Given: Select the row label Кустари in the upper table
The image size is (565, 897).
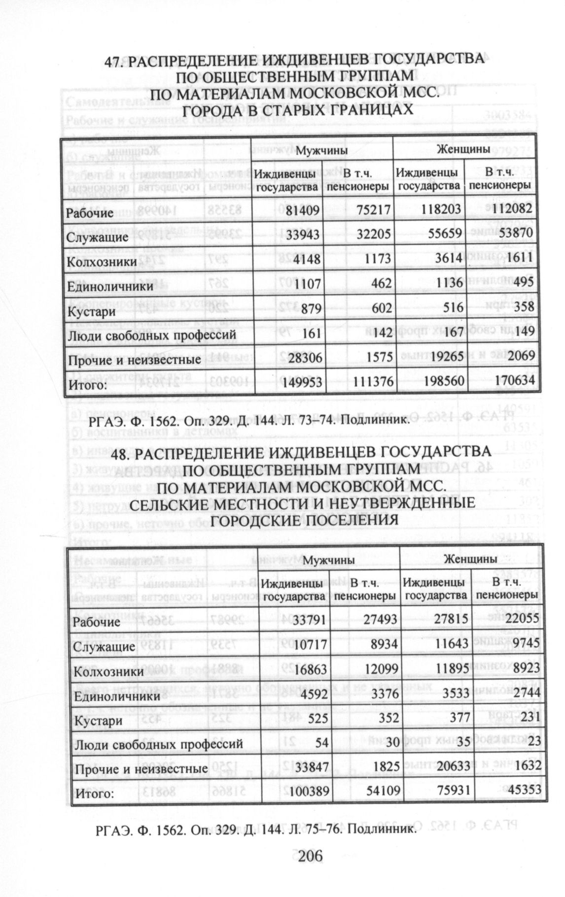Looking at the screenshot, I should [x=91, y=311].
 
